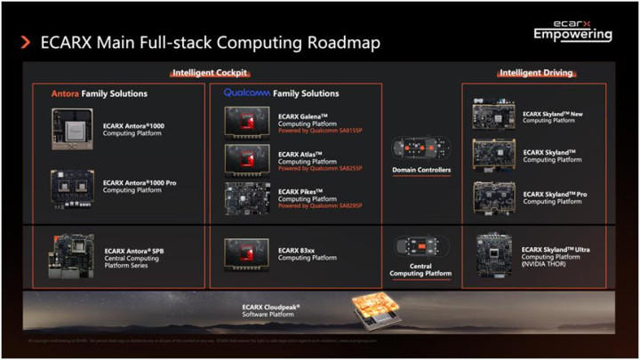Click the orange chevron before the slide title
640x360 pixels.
(x=25, y=42)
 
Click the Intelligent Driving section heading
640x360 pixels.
(x=535, y=73)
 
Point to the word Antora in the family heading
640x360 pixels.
(x=66, y=93)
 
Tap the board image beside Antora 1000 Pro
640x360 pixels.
(x=72, y=185)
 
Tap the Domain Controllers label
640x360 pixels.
(x=422, y=170)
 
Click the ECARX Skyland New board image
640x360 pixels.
(x=493, y=116)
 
